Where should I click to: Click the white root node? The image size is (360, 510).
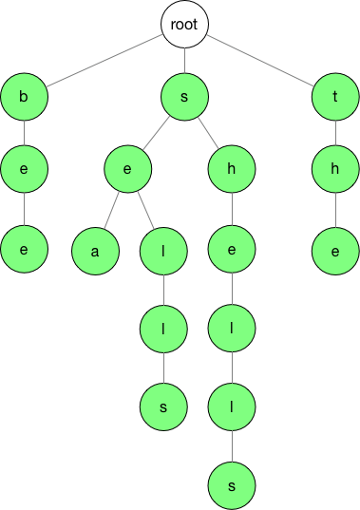(x=184, y=26)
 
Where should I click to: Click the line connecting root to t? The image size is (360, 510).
(x=261, y=60)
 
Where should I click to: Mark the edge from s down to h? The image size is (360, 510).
(x=209, y=133)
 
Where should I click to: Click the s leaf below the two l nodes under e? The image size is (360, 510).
(x=164, y=406)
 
